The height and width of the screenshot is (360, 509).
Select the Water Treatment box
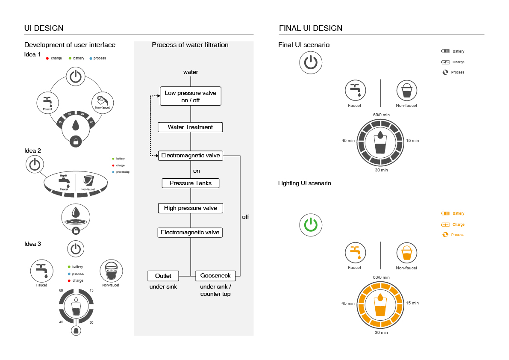(191, 127)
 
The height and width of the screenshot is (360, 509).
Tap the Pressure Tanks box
(191, 183)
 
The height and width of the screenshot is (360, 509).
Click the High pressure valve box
(191, 208)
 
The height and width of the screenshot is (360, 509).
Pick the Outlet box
(163, 276)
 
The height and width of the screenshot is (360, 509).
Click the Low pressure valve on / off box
(191, 96)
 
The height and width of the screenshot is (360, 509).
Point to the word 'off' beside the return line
(245, 217)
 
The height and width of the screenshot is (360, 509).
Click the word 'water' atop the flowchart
(191, 72)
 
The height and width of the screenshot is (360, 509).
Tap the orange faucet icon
(355, 253)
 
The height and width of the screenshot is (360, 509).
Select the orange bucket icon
(406, 253)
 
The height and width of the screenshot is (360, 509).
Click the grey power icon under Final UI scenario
(311, 63)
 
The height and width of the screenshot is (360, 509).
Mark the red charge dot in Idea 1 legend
(47, 58)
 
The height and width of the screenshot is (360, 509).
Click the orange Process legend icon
(445, 235)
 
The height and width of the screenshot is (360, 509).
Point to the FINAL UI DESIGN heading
(311, 28)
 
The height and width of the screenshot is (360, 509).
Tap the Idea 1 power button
(75, 77)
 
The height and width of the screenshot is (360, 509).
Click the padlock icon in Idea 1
(76, 141)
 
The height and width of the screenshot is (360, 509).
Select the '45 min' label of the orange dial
(348, 303)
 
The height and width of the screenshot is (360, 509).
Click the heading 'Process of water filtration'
(190, 45)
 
